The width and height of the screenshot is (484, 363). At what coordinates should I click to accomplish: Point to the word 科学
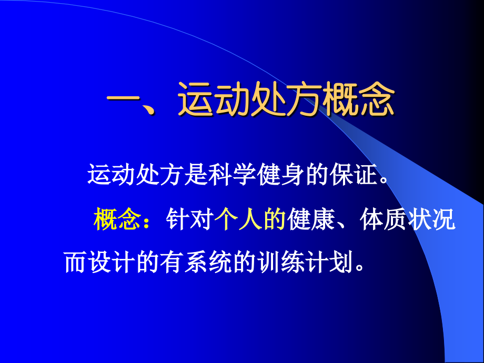229,174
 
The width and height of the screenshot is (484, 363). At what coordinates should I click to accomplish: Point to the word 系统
216,261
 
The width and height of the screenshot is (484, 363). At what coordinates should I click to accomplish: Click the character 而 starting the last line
76,261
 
